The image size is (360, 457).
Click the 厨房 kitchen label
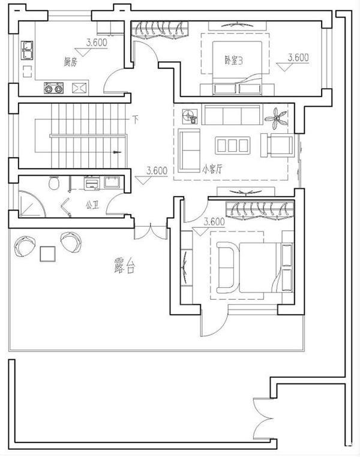(x=70, y=61)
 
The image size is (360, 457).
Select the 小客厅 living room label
(x=212, y=169)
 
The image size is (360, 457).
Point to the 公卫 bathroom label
(x=92, y=205)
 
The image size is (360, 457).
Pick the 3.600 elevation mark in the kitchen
(x=97, y=43)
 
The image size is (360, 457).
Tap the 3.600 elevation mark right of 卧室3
(x=298, y=58)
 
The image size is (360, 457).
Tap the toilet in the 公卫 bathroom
(x=54, y=182)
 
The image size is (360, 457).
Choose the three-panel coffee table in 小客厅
(x=232, y=145)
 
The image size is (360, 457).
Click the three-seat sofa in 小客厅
(x=231, y=114)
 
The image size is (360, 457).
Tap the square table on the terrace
(x=47, y=254)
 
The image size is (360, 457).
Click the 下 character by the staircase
(x=136, y=119)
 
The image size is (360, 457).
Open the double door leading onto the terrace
(x=150, y=231)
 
